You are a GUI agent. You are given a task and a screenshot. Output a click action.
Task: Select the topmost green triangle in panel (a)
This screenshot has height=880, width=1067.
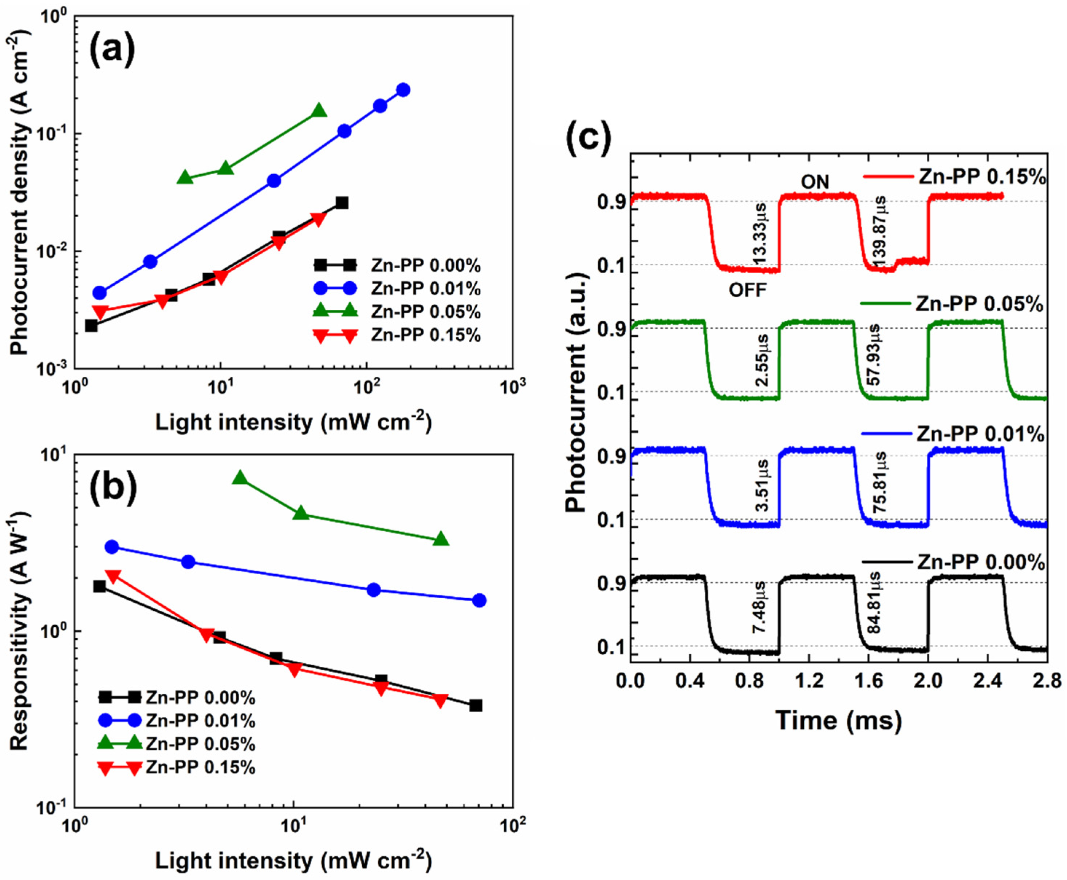point(319,110)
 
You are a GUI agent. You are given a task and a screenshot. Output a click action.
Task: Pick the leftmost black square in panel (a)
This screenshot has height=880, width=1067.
point(91,325)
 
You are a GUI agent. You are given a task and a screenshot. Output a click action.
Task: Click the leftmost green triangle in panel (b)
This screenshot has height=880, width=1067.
point(240,477)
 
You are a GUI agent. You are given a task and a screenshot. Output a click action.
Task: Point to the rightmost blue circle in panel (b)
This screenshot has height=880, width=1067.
point(479,601)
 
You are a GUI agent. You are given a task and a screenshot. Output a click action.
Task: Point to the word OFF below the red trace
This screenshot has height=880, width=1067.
point(748,290)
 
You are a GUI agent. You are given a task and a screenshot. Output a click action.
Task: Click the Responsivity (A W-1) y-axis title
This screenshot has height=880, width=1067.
point(19,631)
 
